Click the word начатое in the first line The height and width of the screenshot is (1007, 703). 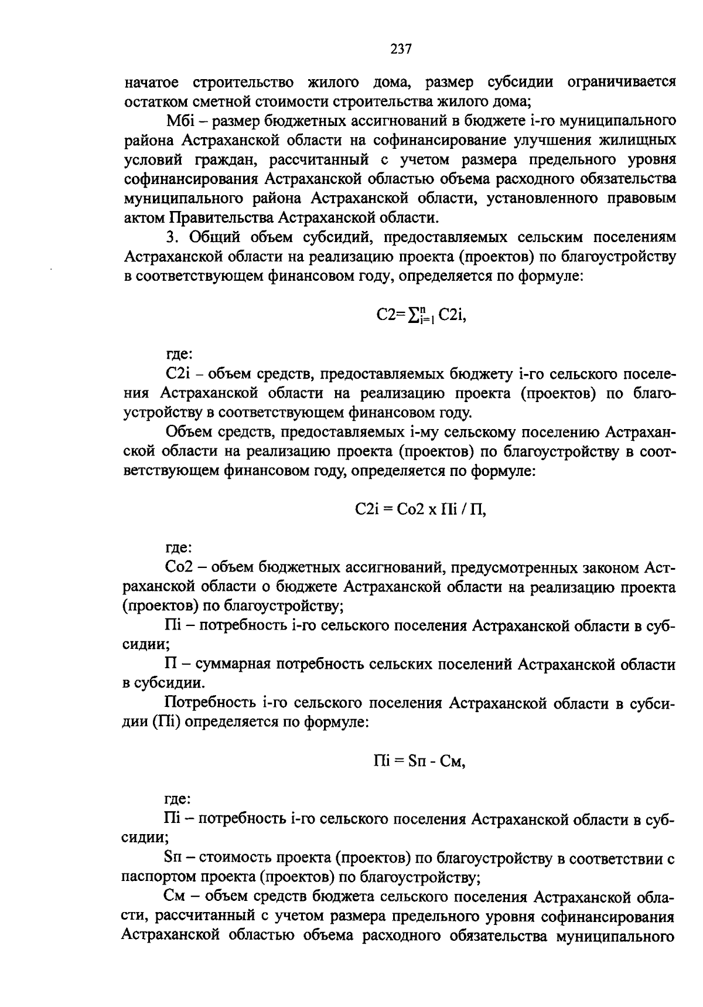point(153,82)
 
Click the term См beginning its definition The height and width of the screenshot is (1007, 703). point(176,897)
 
